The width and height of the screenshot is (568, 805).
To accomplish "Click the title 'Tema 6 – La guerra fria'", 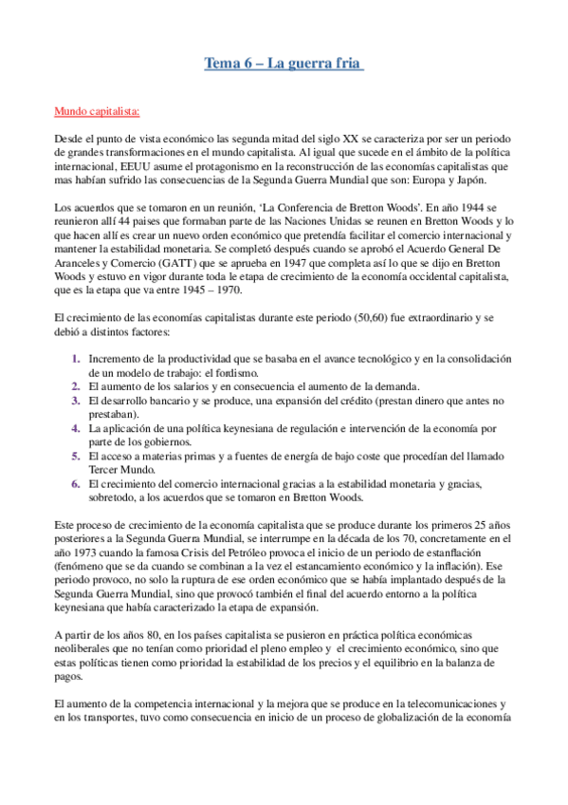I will coord(284,64).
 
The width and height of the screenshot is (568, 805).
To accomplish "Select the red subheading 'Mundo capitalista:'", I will coord(97,112).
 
